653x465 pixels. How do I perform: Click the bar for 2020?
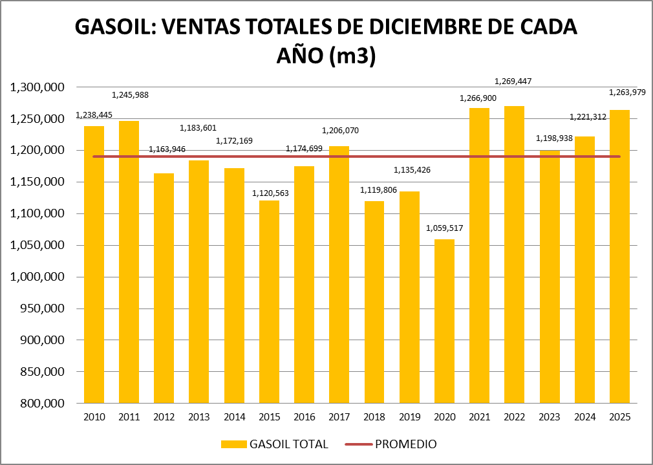click(x=444, y=321)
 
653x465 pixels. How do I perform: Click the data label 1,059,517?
click(x=444, y=228)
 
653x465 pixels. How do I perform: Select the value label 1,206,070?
click(x=339, y=131)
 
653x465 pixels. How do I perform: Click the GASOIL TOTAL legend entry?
click(x=274, y=444)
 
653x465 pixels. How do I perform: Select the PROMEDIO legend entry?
click(x=392, y=444)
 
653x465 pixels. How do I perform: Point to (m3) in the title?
click(x=352, y=56)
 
